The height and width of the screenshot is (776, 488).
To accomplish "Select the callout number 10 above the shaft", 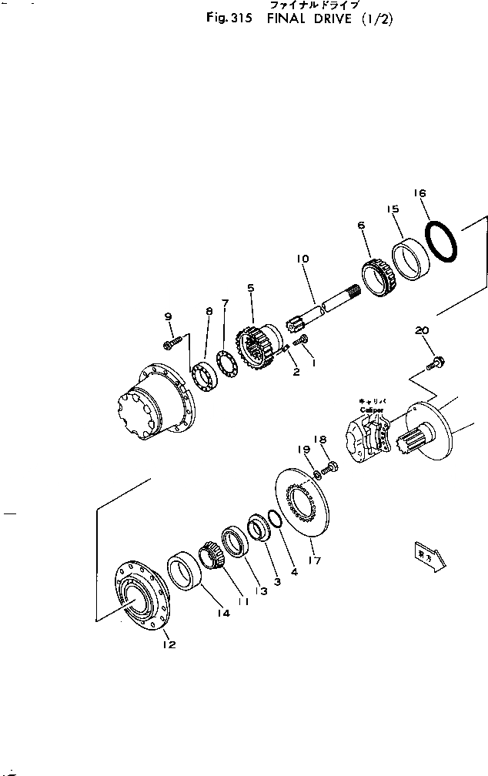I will [x=302, y=259].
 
